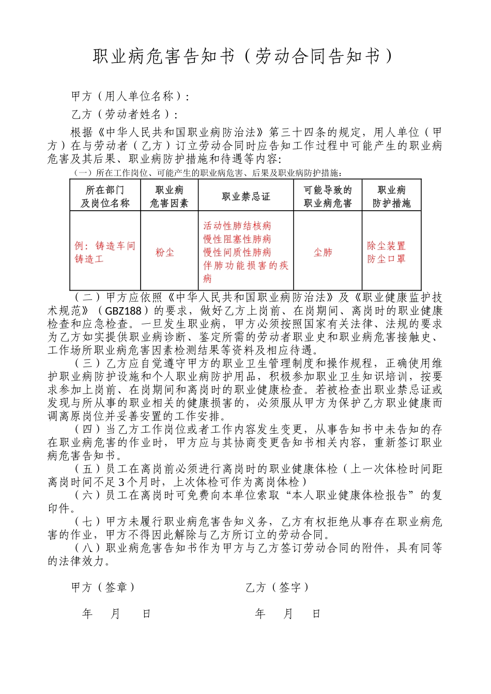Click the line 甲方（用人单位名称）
click(x=130, y=97)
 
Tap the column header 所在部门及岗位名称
click(x=105, y=197)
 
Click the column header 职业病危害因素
click(x=169, y=197)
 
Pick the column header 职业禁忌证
click(x=246, y=197)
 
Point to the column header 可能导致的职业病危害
click(x=328, y=197)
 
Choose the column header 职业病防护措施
click(x=391, y=197)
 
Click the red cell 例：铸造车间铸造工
click(x=104, y=252)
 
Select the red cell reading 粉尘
click(x=165, y=253)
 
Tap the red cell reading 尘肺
click(x=323, y=253)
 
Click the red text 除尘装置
click(x=386, y=246)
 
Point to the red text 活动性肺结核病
click(x=237, y=226)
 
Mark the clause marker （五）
click(x=87, y=469)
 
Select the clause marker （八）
click(x=87, y=548)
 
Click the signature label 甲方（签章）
click(x=103, y=587)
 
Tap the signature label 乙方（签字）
click(x=277, y=587)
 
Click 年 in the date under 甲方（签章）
click(x=87, y=613)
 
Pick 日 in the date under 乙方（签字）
click(x=316, y=613)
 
